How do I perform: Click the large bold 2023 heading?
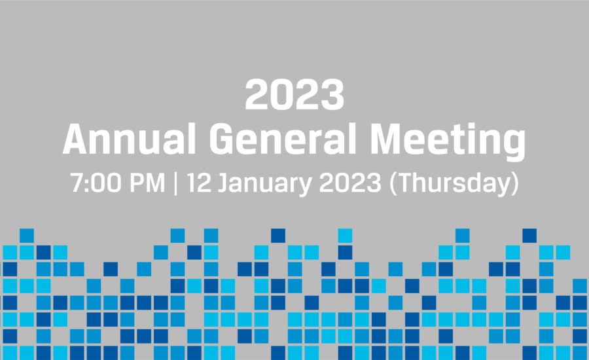(x=294, y=94)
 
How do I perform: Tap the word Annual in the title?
(x=130, y=139)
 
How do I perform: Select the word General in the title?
(x=283, y=139)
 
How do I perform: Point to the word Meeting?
(x=448, y=141)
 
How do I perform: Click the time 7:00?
(x=96, y=183)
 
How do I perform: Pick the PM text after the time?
(x=147, y=183)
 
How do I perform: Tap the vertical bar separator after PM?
(x=176, y=183)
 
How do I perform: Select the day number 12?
(x=199, y=183)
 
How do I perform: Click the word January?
(x=265, y=185)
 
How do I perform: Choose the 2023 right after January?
(x=350, y=183)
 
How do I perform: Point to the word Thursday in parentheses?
(x=455, y=184)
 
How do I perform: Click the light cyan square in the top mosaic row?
(x=345, y=236)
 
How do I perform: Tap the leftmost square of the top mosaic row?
(x=27, y=236)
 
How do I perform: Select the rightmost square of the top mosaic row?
(x=529, y=236)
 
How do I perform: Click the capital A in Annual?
(x=77, y=139)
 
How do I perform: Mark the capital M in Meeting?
(x=387, y=139)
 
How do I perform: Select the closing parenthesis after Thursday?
(x=515, y=184)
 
